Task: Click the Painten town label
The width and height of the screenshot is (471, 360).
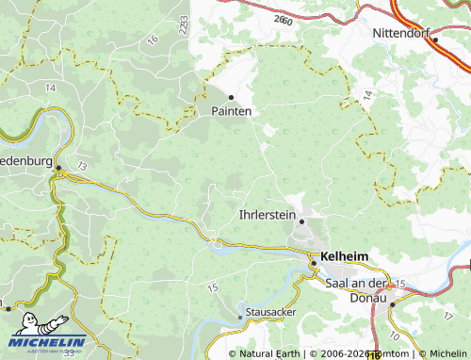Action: pyautogui.click(x=231, y=110)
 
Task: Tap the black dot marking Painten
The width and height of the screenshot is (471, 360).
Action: pyautogui.click(x=231, y=96)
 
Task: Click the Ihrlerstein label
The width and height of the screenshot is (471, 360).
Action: pyautogui.click(x=268, y=216)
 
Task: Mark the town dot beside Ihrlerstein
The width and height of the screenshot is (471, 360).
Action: pyautogui.click(x=302, y=221)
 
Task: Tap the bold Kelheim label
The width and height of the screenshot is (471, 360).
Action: pyautogui.click(x=345, y=255)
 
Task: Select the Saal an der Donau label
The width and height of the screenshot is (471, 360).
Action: pyautogui.click(x=356, y=290)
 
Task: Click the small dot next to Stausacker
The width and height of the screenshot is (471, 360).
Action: pyautogui.click(x=240, y=317)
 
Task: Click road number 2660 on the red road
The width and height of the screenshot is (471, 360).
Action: pyautogui.click(x=282, y=19)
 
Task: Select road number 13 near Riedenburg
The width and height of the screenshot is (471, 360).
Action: pyautogui.click(x=83, y=166)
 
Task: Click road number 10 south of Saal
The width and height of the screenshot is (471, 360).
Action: pyautogui.click(x=393, y=335)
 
